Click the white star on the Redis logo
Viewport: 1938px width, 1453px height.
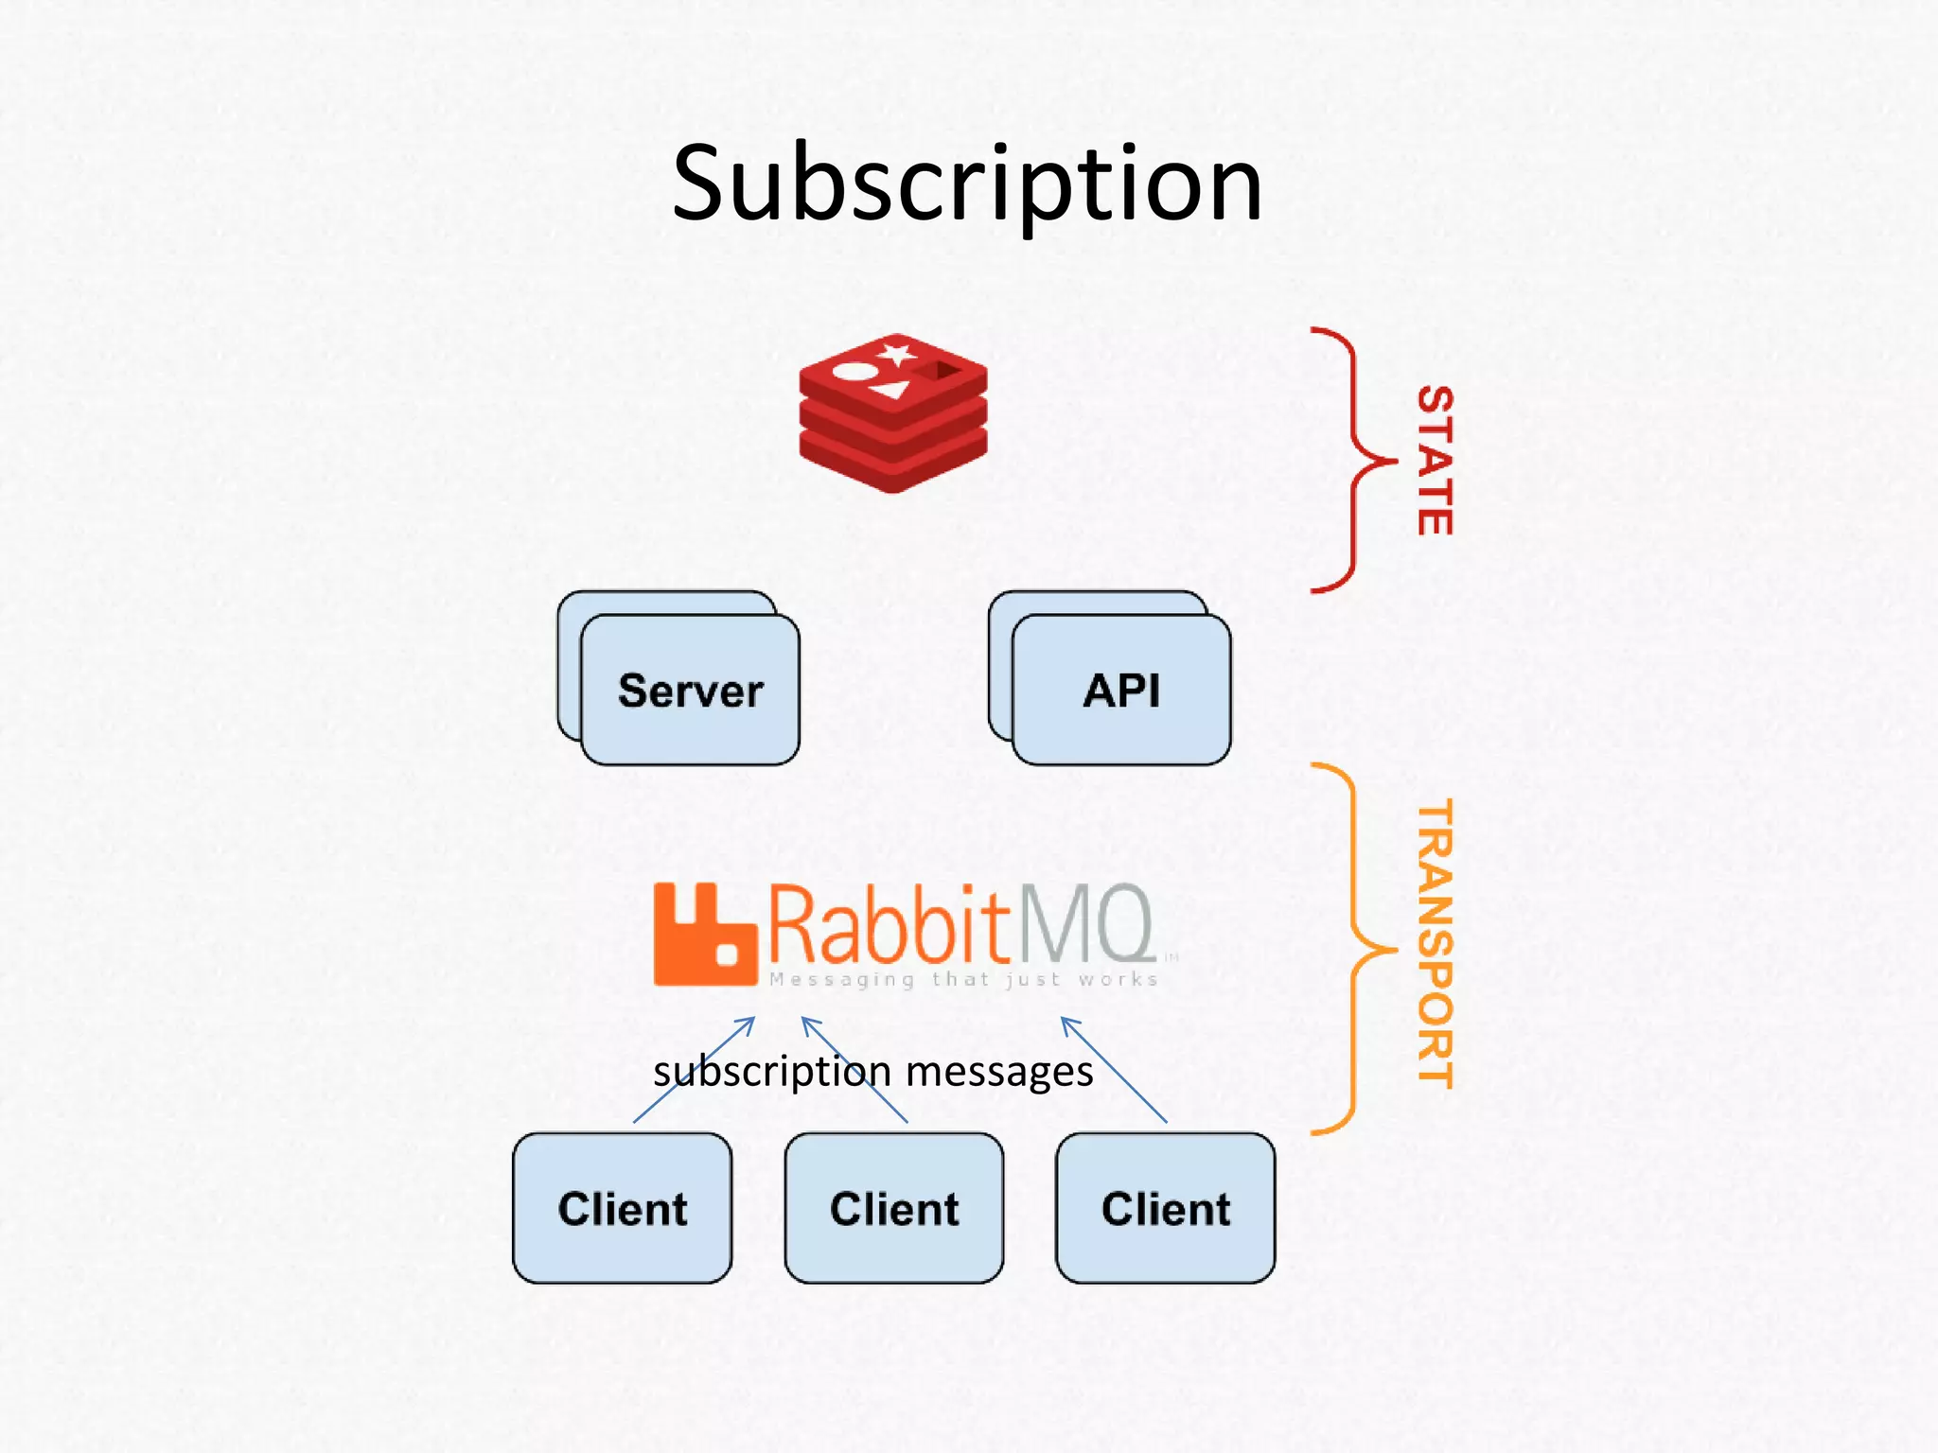tap(895, 355)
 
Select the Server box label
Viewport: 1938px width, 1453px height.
tap(690, 691)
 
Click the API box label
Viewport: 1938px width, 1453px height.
tap(1121, 691)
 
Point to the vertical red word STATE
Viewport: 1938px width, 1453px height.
tap(1435, 461)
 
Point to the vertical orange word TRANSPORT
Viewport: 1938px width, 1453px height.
tap(1435, 944)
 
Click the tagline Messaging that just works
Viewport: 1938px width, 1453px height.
tap(963, 980)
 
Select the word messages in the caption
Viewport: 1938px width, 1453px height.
tap(999, 1072)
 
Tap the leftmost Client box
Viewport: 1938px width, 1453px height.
tap(622, 1208)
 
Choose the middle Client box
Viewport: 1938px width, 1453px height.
tap(894, 1208)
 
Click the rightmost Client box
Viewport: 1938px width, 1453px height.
tap(1166, 1208)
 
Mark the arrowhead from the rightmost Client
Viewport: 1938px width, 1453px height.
tap(1066, 1021)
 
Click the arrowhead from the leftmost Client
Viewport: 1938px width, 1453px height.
tap(750, 1021)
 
